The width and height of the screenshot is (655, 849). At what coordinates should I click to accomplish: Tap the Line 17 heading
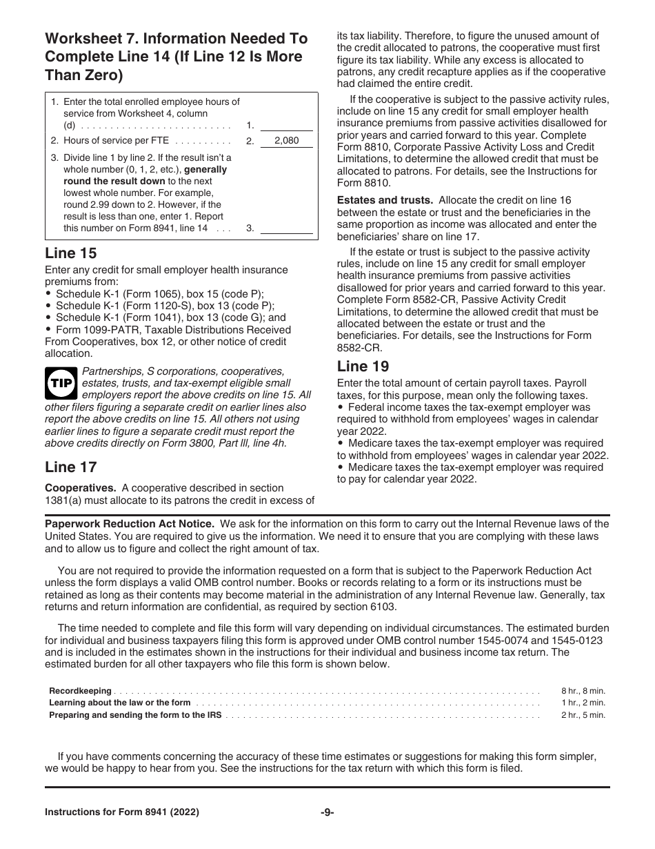pos(71,467)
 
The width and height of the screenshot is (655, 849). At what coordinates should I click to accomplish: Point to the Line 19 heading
pos(363,367)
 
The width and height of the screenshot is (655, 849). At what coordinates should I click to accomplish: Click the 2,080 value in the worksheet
pos(286,141)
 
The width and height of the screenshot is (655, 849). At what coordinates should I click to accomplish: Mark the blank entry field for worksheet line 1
pos(286,125)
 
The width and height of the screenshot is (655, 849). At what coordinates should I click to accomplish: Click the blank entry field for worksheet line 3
pos(286,228)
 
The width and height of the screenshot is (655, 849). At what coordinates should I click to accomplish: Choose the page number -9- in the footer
pos(327,812)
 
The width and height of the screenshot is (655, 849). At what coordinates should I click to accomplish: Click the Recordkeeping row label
pos(80,691)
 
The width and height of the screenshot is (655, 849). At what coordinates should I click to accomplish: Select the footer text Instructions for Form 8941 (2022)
pos(122,812)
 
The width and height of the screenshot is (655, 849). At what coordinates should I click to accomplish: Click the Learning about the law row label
pos(119,703)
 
